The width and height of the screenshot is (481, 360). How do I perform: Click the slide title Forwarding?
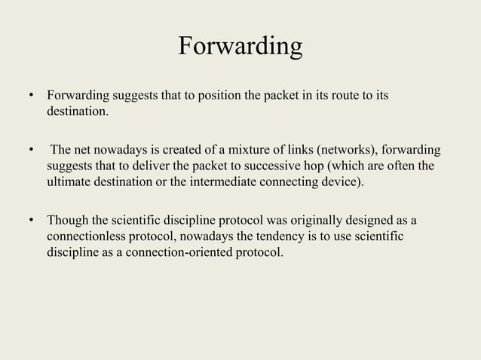click(240, 47)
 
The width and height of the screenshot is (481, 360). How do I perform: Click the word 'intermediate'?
click(231, 182)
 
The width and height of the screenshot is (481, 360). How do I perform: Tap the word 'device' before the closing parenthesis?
click(343, 182)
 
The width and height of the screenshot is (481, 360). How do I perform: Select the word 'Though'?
click(66, 220)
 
